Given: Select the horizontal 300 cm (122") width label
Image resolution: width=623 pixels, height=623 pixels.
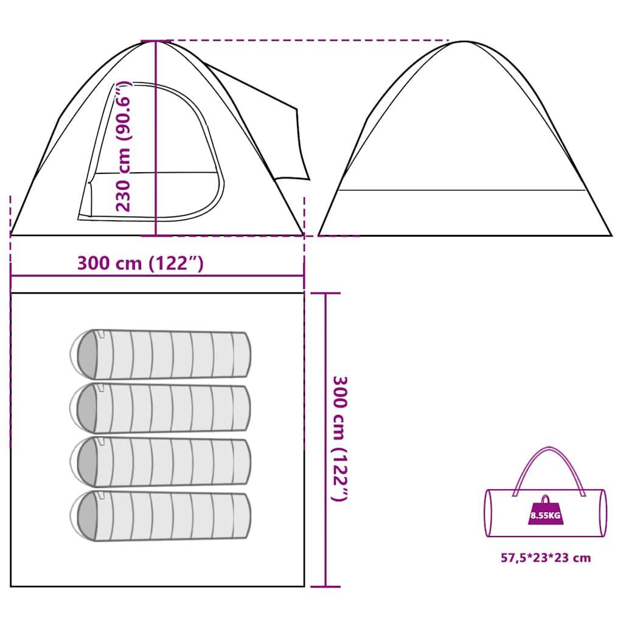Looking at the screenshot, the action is pyautogui.click(x=141, y=263).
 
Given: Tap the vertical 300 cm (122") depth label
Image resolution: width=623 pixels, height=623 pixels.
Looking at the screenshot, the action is pyautogui.click(x=339, y=439).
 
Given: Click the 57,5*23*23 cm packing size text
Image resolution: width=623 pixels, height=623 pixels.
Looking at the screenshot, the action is pyautogui.click(x=546, y=558).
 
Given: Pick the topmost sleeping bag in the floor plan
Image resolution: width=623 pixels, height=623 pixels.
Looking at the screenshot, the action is pyautogui.click(x=161, y=354).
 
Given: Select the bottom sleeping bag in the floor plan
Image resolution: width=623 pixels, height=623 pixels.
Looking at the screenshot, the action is pyautogui.click(x=161, y=516).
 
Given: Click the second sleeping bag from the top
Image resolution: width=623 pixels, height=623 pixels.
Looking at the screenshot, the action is pyautogui.click(x=161, y=408).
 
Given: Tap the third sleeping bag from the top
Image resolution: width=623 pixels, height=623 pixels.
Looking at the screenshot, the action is pyautogui.click(x=161, y=462).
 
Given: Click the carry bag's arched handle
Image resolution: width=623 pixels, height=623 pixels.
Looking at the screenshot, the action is pyautogui.click(x=549, y=448).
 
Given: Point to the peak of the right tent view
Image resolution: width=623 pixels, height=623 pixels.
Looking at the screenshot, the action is pyautogui.click(x=464, y=41).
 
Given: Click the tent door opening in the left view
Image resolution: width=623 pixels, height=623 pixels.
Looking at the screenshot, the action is pyautogui.click(x=151, y=151).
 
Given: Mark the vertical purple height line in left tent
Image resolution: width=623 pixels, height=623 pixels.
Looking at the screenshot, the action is pyautogui.click(x=156, y=138).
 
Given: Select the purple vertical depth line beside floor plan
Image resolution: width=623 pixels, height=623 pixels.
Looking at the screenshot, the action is pyautogui.click(x=326, y=440).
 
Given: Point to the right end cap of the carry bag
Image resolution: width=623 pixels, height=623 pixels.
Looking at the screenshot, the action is pyautogui.click(x=604, y=513).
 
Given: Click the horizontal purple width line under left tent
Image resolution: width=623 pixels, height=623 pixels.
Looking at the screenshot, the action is pyautogui.click(x=158, y=276).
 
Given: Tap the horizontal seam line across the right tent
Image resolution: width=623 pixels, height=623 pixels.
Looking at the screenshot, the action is pyautogui.click(x=462, y=190).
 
